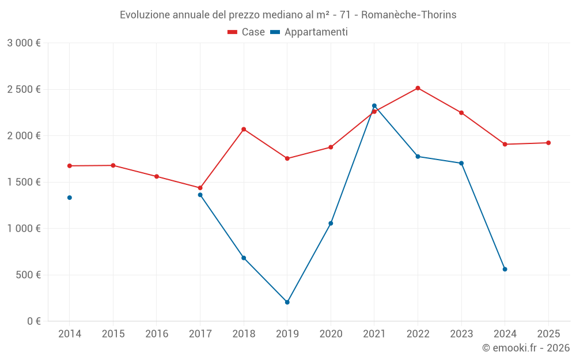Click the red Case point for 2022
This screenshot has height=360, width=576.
click(x=418, y=88)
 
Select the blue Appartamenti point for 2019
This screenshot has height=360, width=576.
click(x=287, y=302)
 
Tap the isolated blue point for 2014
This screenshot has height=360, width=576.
click(x=70, y=198)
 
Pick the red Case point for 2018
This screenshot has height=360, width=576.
click(x=244, y=129)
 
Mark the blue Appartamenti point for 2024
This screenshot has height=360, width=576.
click(x=505, y=269)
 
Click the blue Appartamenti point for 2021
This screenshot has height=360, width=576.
click(x=374, y=106)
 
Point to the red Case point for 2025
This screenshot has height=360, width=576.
click(x=548, y=143)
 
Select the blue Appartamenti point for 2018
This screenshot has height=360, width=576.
click(x=244, y=258)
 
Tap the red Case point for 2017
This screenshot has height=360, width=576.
click(x=200, y=188)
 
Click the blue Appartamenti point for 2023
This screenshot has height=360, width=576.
click(x=461, y=163)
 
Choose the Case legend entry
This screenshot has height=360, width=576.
click(x=246, y=32)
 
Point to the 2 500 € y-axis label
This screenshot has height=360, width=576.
click(x=24, y=89)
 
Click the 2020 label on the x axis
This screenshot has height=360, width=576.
click(x=331, y=334)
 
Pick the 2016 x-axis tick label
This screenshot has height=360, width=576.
click(x=157, y=334)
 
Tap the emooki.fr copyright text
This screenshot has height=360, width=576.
click(x=525, y=348)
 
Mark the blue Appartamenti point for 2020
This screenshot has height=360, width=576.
click(x=331, y=223)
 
